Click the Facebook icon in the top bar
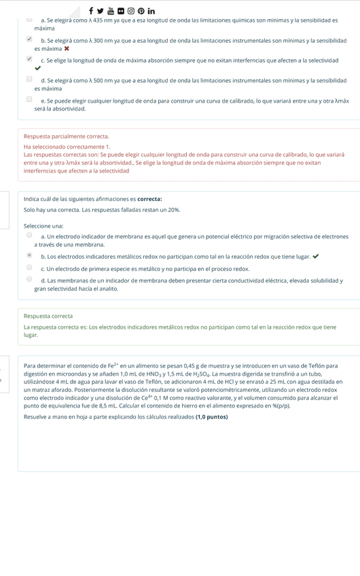pos(90,11)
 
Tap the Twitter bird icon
pos(101,11)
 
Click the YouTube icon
pos(111,11)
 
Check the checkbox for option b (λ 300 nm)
pos(29,39)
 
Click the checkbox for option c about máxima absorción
pos(29,59)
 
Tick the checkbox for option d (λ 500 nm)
pos(29,79)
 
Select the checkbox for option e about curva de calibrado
pos(29,99)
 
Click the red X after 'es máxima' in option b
pos(67,49)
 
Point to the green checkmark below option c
pos(37,69)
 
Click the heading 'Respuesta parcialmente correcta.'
pos(66,137)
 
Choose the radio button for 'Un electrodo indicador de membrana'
pos(29,235)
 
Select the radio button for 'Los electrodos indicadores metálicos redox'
pos(29,255)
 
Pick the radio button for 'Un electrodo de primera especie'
pos(29,268)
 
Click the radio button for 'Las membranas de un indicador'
pos(29,279)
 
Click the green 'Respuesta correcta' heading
pos(48,316)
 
